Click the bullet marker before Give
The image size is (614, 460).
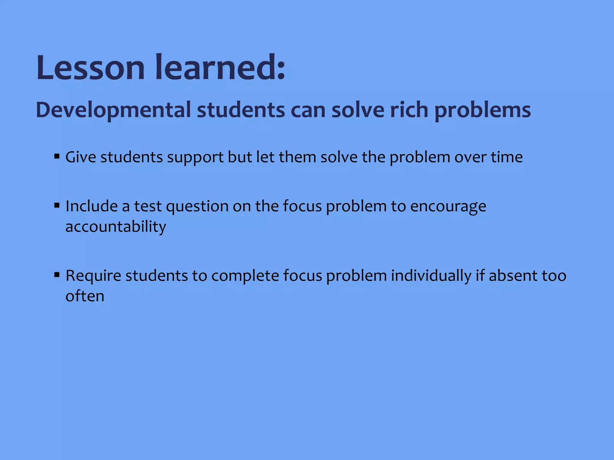coord(57,156)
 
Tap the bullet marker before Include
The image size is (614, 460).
coord(57,205)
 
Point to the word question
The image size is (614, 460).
coord(197,207)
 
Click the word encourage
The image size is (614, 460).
coord(448,207)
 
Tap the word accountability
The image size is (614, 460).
coord(116,227)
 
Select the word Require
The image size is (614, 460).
coord(93,276)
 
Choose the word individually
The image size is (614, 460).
coord(431,276)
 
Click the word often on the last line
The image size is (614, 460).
coord(85,296)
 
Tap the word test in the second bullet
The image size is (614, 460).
coord(148,206)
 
